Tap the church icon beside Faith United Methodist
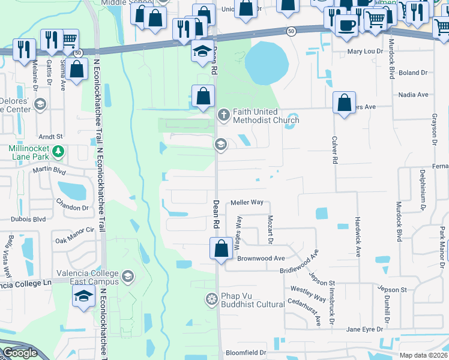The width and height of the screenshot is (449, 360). pos(223,114)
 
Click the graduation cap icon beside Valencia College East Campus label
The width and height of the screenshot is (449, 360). pos(127,277)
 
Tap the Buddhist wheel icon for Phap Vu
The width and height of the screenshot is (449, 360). pos(211,299)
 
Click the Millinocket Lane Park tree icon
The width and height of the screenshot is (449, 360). pos(58,151)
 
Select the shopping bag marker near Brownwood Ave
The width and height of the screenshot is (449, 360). pos(221,248)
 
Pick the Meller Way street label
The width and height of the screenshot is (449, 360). pos(247,203)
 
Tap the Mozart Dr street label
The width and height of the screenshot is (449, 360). pos(270,230)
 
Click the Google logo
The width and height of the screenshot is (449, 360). pos(19,353)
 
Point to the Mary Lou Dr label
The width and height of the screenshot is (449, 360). pos(365,52)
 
